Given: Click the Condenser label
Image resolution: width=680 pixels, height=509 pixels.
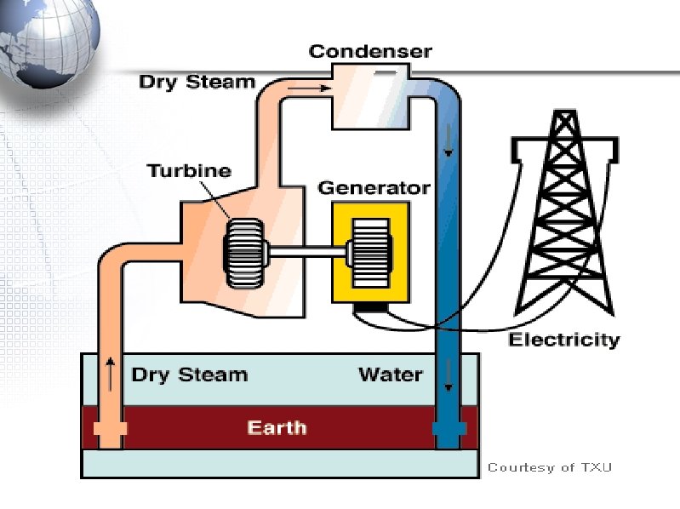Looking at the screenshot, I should pos(370,51).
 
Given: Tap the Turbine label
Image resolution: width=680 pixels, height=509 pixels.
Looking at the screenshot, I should pos(189,170).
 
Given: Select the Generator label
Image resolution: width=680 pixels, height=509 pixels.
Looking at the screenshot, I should pos(374,187).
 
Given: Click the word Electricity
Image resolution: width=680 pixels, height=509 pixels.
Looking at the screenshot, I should pos(564,340).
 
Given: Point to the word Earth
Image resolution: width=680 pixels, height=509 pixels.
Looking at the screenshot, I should pos(277,426).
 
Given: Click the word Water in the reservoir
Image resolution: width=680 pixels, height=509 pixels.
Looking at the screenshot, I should pos(391,375).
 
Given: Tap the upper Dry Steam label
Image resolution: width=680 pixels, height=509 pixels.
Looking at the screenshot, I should pos(197,83).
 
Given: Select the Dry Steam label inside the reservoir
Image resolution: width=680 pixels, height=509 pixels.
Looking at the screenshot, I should pos(189,375).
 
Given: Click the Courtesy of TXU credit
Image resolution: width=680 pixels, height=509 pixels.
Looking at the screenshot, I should pos(549,467).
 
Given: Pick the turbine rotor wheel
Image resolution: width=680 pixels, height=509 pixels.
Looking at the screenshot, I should pos(245,252).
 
